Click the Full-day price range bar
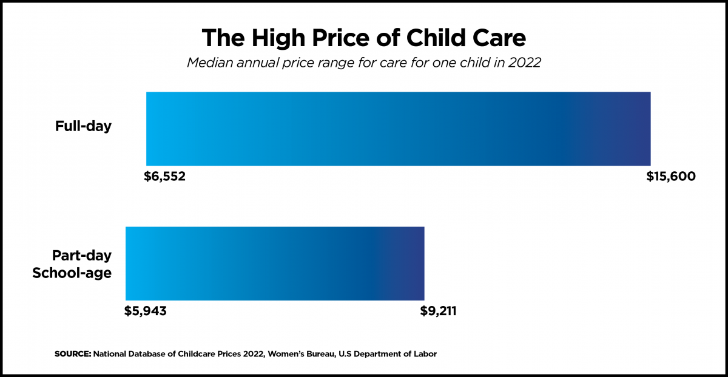[398, 129]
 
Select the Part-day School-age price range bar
[275, 263]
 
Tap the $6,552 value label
[164, 177]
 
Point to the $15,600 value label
[670, 177]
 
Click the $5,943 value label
[146, 311]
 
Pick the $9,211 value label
[438, 311]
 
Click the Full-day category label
[84, 127]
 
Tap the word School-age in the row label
[72, 273]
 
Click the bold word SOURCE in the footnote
[72, 353]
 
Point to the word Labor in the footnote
[425, 353]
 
